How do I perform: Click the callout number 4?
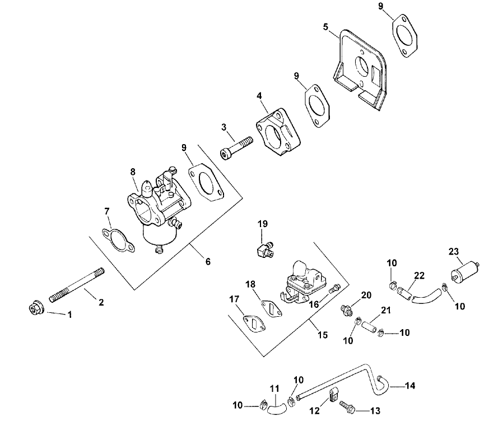[x=259, y=96]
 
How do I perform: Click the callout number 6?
[x=208, y=261]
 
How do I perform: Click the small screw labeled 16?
[x=334, y=289]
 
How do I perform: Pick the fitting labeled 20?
[x=347, y=309]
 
